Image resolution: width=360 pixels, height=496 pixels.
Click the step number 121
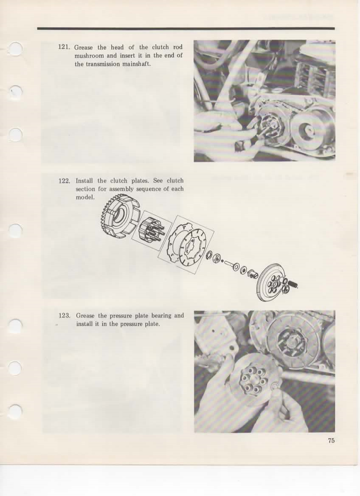(x=64, y=47)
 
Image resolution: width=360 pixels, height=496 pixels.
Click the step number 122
(x=65, y=181)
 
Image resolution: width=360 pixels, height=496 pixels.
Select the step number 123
(x=65, y=316)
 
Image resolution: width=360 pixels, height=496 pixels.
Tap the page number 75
(x=331, y=440)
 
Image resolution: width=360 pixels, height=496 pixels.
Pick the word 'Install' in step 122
(x=84, y=181)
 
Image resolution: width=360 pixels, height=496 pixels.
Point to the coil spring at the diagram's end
(x=292, y=285)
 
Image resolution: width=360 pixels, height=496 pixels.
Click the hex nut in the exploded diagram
(x=217, y=258)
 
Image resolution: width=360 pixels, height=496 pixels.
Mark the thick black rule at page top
(x=186, y=28)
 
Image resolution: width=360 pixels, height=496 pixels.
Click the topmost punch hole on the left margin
(x=16, y=49)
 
